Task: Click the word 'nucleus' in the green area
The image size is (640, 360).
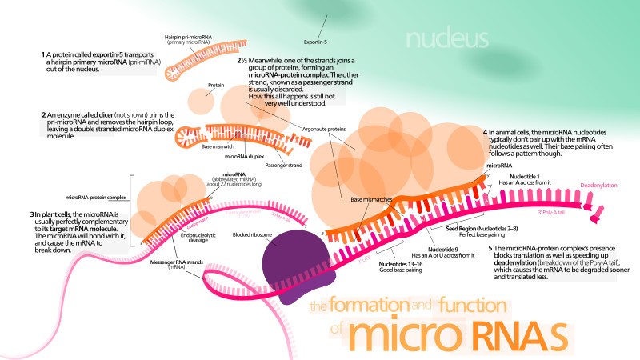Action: pyautogui.click(x=446, y=38)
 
